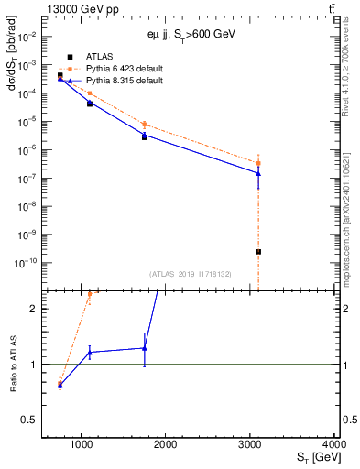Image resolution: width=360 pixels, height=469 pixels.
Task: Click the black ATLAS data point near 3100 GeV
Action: (258, 251)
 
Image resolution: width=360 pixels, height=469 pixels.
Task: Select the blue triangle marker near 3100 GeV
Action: (258, 173)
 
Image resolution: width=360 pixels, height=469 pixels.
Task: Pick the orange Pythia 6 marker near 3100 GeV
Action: (258, 163)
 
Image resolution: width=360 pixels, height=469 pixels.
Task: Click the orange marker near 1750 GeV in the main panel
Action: (145, 124)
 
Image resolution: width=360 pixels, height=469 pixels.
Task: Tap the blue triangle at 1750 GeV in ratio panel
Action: (145, 348)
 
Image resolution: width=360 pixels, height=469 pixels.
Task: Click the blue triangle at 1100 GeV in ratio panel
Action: (90, 353)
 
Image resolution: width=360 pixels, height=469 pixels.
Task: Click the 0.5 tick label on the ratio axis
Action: (37, 420)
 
